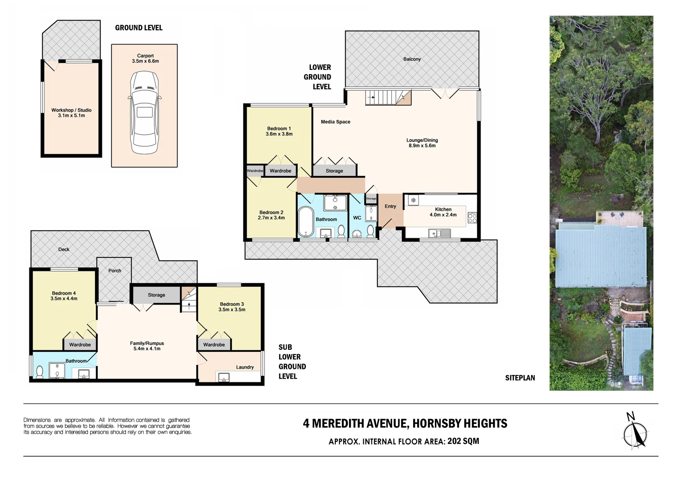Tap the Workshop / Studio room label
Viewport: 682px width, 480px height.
[x=71, y=110]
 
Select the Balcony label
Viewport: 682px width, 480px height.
[x=412, y=59]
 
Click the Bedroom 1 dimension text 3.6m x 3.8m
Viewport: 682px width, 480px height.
[x=279, y=134]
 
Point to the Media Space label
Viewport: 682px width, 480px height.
[x=335, y=122]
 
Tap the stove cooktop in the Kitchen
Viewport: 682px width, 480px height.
[x=472, y=218]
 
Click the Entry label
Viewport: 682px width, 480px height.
[x=390, y=206]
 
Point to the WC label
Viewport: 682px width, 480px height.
[x=357, y=218]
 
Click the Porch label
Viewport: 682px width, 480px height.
[x=114, y=271]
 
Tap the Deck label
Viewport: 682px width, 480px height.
[x=64, y=249]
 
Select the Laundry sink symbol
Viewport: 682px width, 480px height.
[x=224, y=377]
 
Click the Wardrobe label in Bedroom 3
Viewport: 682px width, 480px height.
[x=214, y=344]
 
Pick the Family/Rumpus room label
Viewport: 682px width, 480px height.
[x=147, y=343]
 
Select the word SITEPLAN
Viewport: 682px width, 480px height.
[x=520, y=378]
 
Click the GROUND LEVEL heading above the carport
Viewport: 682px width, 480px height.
[x=138, y=28]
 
